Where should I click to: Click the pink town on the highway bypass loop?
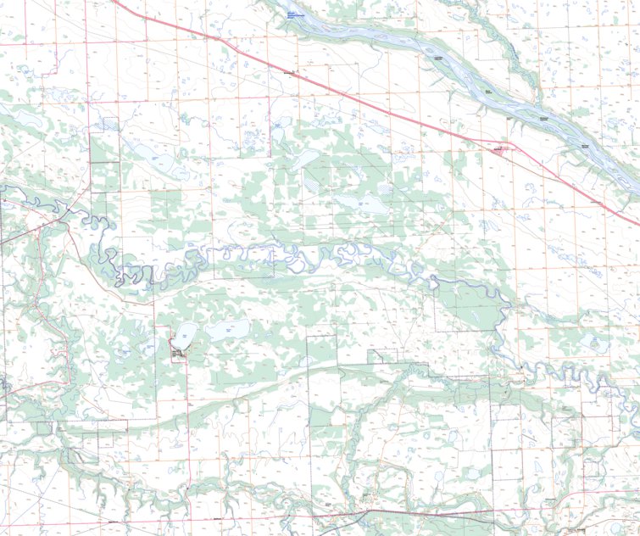(498, 148)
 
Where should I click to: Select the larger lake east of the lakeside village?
(226, 329)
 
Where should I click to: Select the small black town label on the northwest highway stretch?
(288, 73)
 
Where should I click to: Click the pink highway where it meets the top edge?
(114, 2)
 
